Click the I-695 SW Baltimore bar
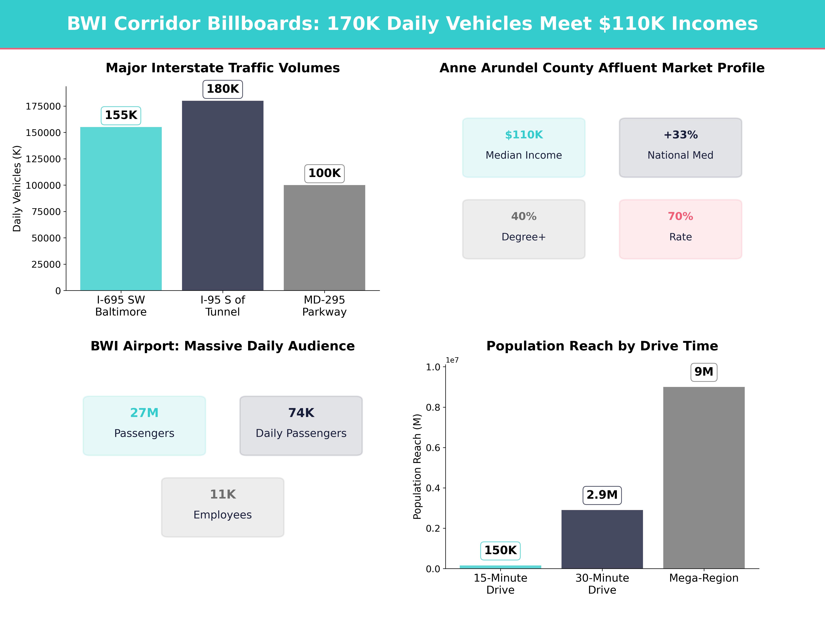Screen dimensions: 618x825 pos(121,209)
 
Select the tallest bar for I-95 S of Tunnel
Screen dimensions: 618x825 pos(223,196)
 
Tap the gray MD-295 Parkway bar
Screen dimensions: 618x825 pos(324,238)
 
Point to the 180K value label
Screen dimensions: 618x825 pos(223,89)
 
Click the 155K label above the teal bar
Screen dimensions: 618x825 pos(121,115)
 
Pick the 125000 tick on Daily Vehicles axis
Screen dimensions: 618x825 pos(43,159)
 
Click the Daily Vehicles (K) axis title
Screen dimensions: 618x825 pos(17,188)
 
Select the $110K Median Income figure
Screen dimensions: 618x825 pos(524,135)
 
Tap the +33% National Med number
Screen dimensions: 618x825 pos(680,135)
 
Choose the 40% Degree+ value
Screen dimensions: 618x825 pos(524,216)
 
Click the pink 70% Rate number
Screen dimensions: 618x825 pos(680,216)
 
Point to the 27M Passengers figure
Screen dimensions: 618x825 pos(144,413)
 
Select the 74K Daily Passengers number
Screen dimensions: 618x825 pos(301,413)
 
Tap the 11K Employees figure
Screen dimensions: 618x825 pos(223,494)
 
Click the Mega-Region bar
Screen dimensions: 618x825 pos(704,478)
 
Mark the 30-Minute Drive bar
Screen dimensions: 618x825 pos(602,539)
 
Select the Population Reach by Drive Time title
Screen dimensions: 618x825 pos(602,346)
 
